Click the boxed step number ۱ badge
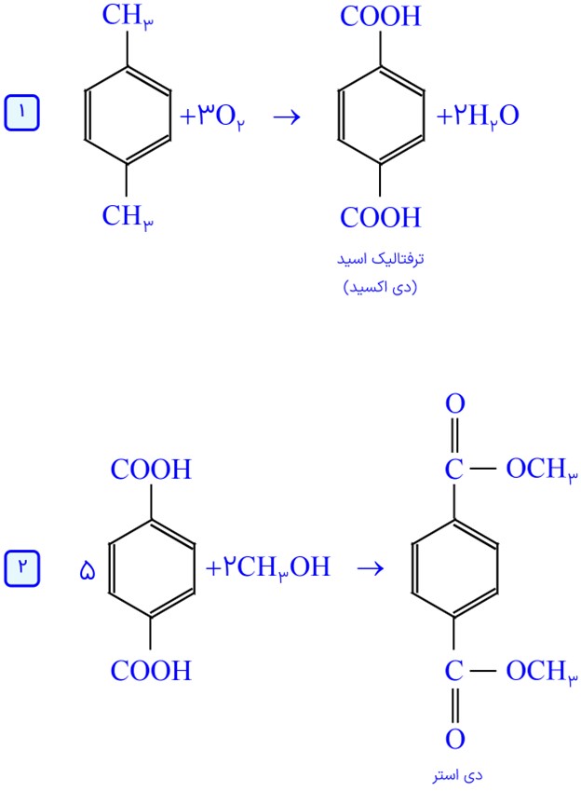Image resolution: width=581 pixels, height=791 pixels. click(x=21, y=113)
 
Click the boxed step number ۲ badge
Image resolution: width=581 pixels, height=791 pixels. click(x=21, y=568)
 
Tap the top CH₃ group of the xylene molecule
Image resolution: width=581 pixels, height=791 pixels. click(x=128, y=16)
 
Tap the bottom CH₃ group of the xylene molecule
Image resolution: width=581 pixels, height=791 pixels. click(x=128, y=217)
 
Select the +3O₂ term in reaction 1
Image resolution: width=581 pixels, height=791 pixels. click(x=212, y=117)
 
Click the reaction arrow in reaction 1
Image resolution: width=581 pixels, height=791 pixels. click(x=287, y=117)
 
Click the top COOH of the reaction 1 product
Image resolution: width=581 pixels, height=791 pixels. click(x=380, y=16)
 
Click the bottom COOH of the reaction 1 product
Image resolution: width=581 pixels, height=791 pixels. click(x=380, y=217)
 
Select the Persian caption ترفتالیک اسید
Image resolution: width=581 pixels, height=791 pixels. click(x=380, y=259)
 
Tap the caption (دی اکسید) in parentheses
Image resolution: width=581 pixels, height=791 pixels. click(x=380, y=287)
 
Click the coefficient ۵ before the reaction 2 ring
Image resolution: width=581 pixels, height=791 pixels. click(x=88, y=571)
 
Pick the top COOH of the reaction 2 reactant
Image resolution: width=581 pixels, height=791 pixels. click(x=151, y=470)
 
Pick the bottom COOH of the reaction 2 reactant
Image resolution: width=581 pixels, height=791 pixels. click(x=151, y=671)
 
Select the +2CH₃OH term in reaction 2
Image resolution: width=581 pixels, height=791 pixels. click(x=268, y=567)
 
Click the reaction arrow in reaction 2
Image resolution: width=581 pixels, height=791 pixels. click(x=371, y=569)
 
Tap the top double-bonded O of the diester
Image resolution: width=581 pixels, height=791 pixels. click(x=454, y=403)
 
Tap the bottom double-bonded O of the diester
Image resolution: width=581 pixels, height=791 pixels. click(x=454, y=739)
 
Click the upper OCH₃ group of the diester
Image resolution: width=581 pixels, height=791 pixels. click(x=542, y=470)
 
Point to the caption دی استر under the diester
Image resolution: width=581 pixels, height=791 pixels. click(x=457, y=775)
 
